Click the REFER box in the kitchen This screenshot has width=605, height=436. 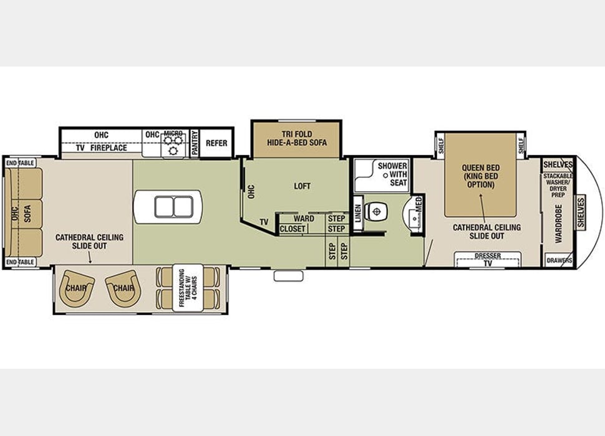[x=216, y=143]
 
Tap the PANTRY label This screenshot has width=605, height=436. [x=195, y=143]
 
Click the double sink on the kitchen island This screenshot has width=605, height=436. [x=167, y=206]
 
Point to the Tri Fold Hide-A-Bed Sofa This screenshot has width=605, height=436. [x=296, y=138]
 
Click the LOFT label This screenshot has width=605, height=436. [x=302, y=186]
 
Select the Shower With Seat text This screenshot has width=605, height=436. [x=392, y=174]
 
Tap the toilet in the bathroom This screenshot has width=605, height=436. [x=376, y=212]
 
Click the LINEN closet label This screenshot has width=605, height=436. [x=358, y=214]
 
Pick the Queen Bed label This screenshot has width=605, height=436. [x=481, y=176]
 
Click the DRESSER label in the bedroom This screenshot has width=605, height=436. [x=487, y=255]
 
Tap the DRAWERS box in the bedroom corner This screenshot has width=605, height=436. [x=559, y=260]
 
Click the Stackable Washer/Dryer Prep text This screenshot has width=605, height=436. [x=558, y=185]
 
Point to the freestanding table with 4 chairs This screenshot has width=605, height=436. [x=188, y=288]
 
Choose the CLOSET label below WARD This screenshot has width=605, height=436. [x=293, y=229]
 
